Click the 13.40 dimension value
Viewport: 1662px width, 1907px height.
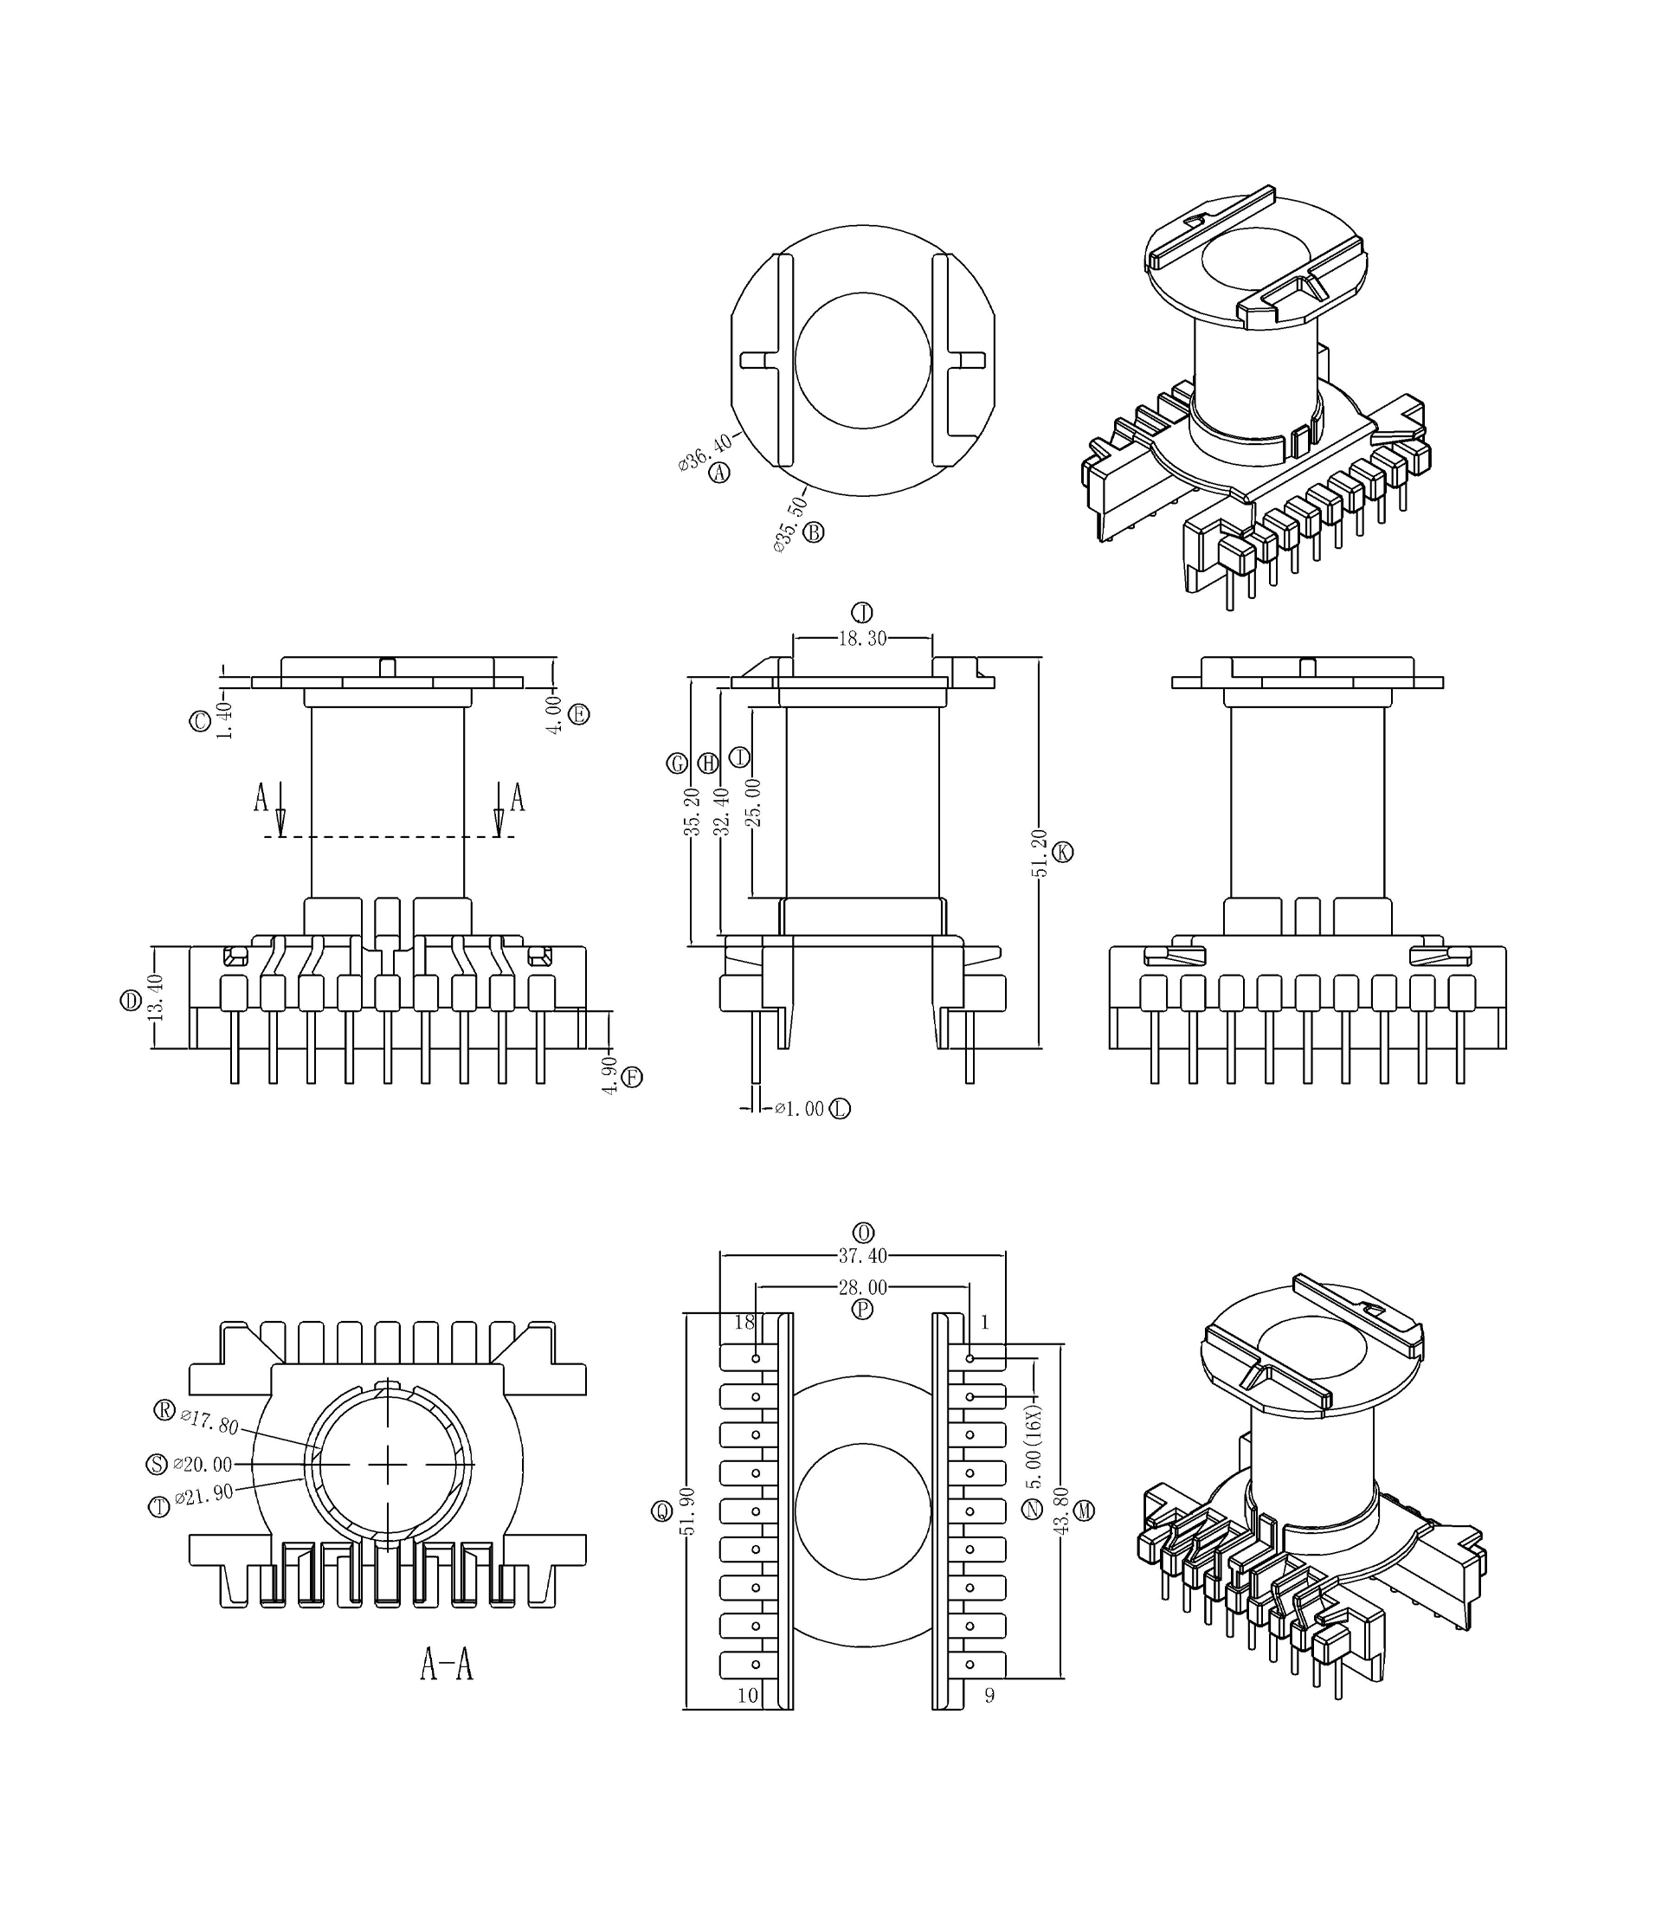coord(155,997)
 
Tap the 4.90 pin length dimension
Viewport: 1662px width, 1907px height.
coord(609,1075)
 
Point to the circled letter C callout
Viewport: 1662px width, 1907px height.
coord(200,722)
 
